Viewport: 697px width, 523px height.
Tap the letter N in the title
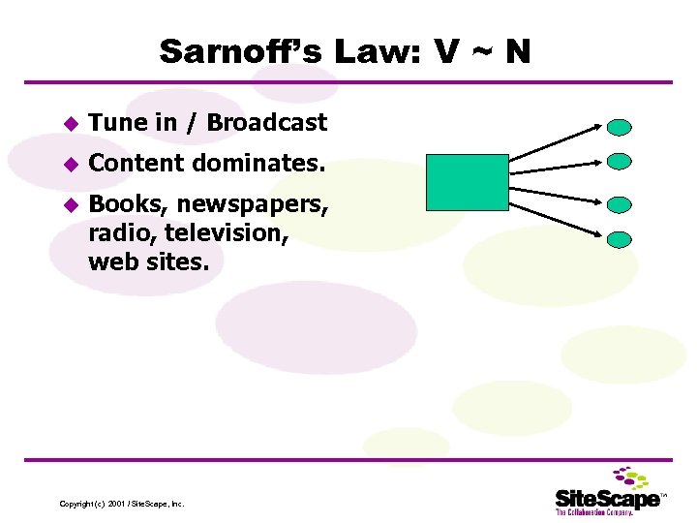click(517, 51)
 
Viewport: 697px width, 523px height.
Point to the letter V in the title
click(447, 51)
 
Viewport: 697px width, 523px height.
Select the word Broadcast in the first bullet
click(267, 123)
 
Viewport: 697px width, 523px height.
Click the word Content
click(136, 165)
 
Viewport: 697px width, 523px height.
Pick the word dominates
click(258, 165)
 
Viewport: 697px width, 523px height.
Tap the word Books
click(122, 206)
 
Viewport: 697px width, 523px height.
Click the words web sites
click(147, 261)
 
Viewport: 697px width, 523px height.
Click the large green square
click(467, 182)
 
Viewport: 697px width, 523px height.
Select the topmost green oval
click(620, 127)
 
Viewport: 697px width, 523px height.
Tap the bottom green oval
click(620, 238)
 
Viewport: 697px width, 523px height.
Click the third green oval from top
click(620, 204)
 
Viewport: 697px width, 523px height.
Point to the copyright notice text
click(121, 504)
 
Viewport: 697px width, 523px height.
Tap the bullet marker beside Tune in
click(69, 124)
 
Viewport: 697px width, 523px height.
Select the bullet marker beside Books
click(69, 206)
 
